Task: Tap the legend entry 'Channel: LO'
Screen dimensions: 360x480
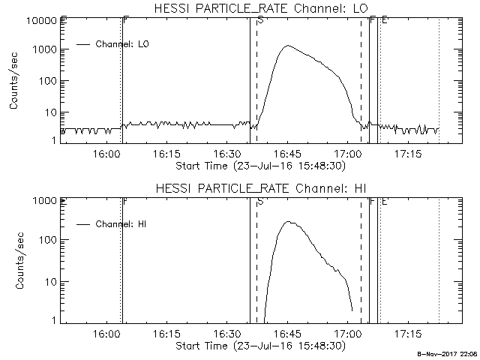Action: click(124, 44)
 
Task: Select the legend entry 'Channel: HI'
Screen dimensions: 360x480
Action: click(124, 223)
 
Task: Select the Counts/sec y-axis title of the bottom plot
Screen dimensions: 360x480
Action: click(14, 259)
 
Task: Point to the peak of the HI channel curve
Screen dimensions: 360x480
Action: click(289, 222)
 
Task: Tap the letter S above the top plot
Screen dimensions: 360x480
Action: click(260, 20)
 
